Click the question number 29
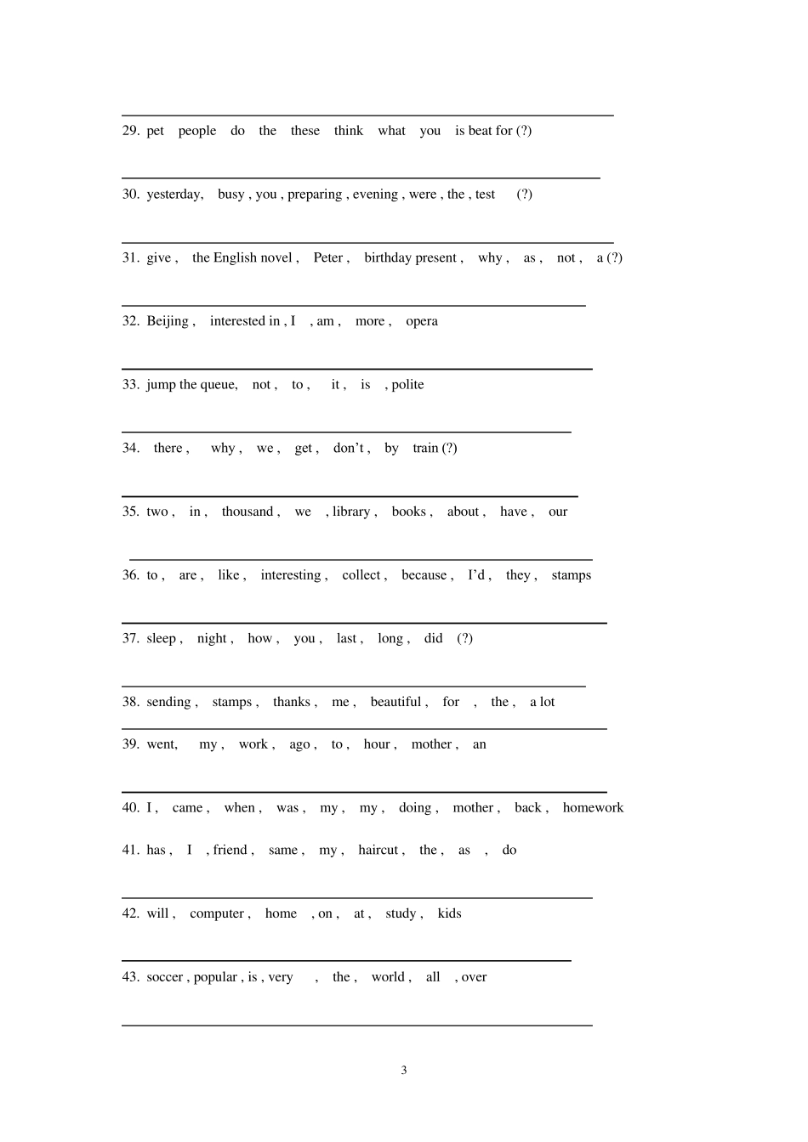130,131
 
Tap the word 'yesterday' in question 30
174,195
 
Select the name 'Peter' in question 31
327,257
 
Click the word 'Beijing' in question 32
167,321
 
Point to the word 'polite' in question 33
407,385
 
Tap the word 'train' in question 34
425,448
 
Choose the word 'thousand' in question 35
247,512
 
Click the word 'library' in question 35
351,512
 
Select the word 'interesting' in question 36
290,575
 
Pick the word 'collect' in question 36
361,575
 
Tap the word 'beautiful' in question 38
395,702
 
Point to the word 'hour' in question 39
377,744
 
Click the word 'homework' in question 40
593,808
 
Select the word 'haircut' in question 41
378,851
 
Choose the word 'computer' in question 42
217,914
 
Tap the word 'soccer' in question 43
164,977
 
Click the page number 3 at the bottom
404,1071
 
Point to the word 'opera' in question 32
422,321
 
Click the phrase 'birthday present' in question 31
411,257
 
